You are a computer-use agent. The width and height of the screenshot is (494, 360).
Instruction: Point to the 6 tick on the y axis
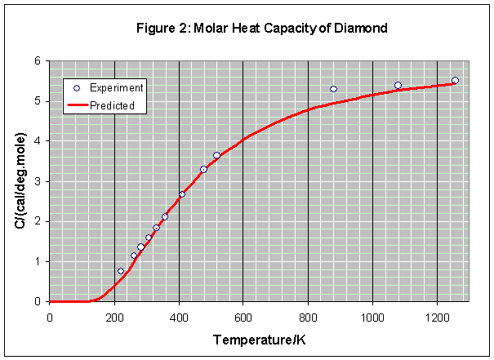(x=38, y=61)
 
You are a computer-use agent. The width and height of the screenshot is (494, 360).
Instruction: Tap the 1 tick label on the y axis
(x=38, y=261)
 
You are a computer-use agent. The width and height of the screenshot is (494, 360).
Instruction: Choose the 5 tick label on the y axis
(x=38, y=101)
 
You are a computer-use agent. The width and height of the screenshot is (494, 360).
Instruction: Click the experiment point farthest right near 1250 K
(x=455, y=80)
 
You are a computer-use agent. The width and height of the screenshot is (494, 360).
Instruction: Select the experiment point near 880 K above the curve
(x=333, y=89)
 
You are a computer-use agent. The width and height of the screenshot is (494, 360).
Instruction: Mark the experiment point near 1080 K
(x=398, y=85)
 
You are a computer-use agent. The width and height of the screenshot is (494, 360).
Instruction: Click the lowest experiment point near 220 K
(x=121, y=271)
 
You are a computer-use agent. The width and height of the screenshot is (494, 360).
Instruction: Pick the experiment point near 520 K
(x=216, y=155)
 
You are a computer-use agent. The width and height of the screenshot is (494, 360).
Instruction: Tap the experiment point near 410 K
(x=182, y=194)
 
